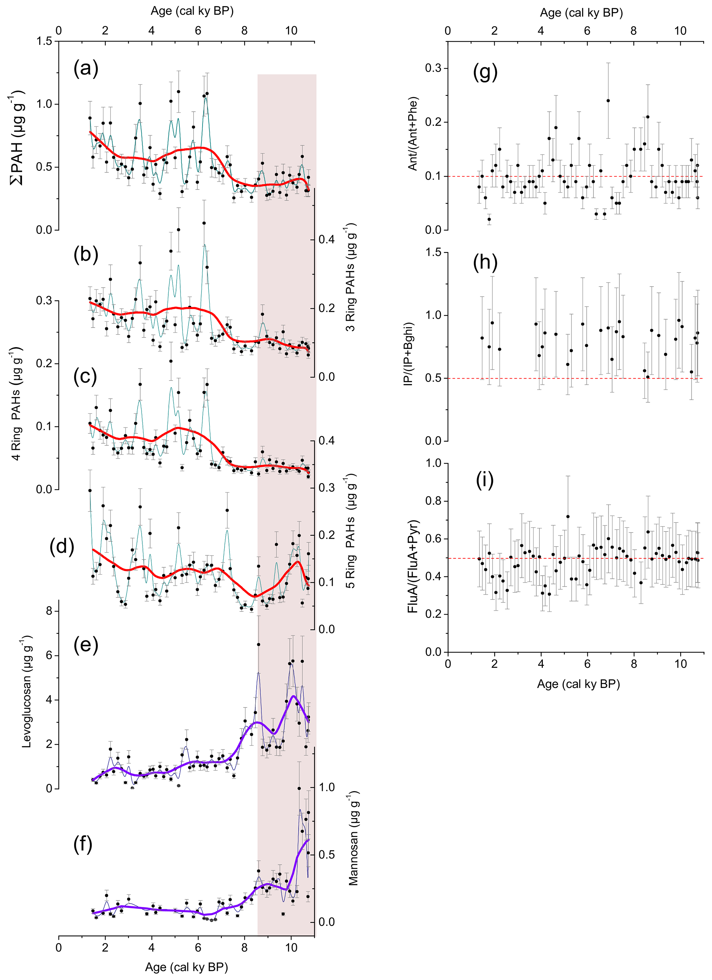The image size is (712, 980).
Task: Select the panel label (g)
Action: pyautogui.click(x=485, y=72)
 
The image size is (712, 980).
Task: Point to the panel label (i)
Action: pyautogui.click(x=485, y=481)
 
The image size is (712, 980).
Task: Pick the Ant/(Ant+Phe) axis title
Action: pyautogui.click(x=413, y=134)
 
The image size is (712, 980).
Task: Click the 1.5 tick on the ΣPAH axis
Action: pyautogui.click(x=44, y=41)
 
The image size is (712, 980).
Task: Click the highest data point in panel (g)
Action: pyautogui.click(x=608, y=101)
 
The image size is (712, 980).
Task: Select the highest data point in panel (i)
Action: pyautogui.click(x=568, y=516)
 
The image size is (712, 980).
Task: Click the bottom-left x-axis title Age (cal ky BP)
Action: pyautogui.click(x=186, y=967)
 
